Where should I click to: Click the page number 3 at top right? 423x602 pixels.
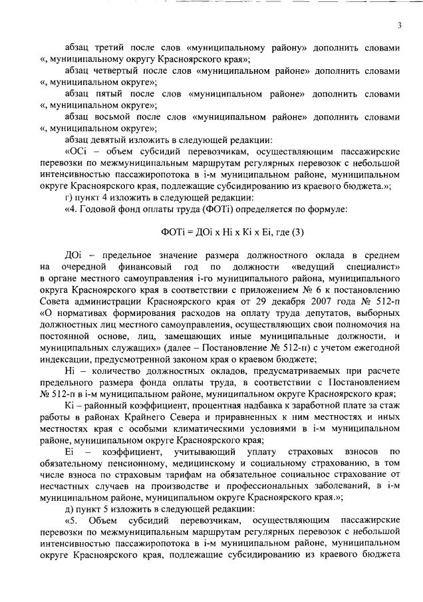point(400,26)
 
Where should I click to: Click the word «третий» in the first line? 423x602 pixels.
point(110,49)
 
